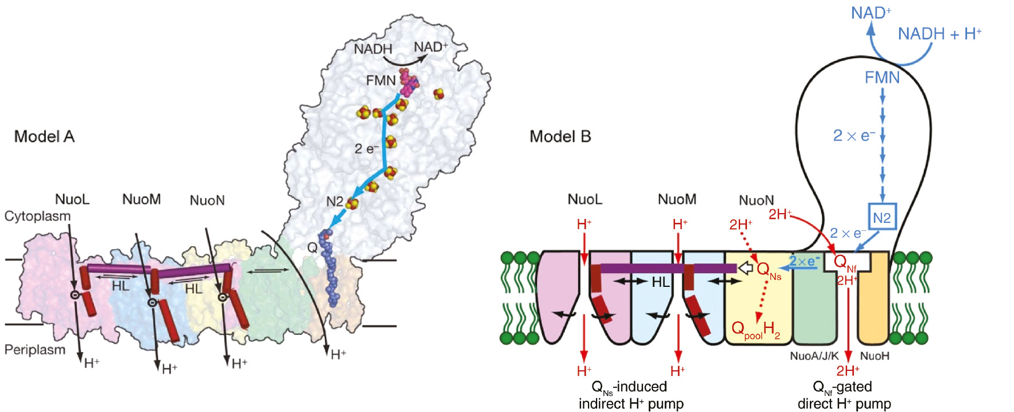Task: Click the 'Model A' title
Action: pyautogui.click(x=44, y=137)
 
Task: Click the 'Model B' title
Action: pyautogui.click(x=560, y=137)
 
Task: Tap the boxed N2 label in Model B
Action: pyautogui.click(x=881, y=217)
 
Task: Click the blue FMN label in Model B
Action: pyautogui.click(x=882, y=78)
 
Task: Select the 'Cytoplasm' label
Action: pyautogui.click(x=38, y=216)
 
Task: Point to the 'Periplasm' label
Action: pyautogui.click(x=35, y=349)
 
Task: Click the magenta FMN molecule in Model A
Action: pyautogui.click(x=408, y=83)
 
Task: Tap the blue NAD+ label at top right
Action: pyautogui.click(x=870, y=13)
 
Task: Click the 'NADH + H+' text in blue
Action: pyautogui.click(x=939, y=34)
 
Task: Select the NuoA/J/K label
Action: pyautogui.click(x=814, y=356)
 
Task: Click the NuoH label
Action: pyautogui.click(x=874, y=356)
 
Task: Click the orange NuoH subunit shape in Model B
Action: pyautogui.click(x=874, y=309)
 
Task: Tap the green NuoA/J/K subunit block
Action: pyautogui.click(x=815, y=309)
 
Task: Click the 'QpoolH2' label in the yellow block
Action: pyautogui.click(x=755, y=330)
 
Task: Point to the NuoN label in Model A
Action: pyautogui.click(x=207, y=201)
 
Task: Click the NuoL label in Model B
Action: pyautogui.click(x=584, y=199)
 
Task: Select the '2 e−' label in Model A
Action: pyautogui.click(x=367, y=149)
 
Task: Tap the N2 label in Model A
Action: pyautogui.click(x=335, y=202)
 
